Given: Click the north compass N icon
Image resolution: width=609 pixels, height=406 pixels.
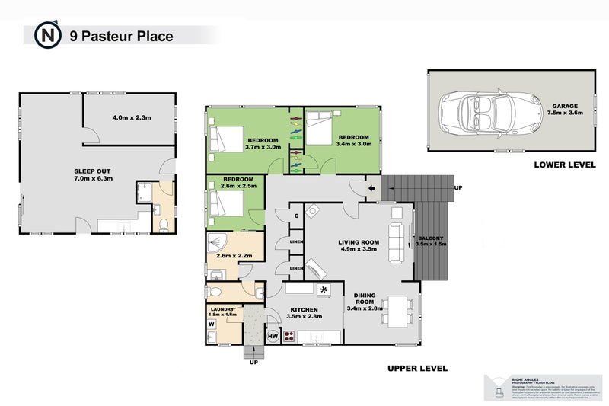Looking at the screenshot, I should pos(48,35).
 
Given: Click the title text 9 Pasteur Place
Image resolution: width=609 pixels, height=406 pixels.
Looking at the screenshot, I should pos(121,36).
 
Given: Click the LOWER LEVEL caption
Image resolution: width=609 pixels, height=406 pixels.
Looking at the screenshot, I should pos(563,165).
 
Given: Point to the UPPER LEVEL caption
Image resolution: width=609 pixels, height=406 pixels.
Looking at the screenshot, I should pos(417,369).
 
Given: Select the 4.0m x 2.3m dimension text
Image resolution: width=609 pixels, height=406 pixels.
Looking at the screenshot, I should pos(132,118).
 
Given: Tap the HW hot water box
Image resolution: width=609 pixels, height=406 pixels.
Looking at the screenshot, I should pos(273,335).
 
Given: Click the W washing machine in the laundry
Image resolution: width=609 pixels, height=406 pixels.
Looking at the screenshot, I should pos(211,324).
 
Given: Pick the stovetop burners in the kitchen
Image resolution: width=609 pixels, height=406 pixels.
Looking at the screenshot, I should pos(289,335).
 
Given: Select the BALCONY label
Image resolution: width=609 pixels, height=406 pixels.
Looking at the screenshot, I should pos(430,242).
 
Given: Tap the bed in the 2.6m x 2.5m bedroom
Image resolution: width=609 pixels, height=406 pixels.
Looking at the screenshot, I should pos(227,204).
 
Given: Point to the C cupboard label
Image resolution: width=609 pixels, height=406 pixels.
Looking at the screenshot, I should pos(295,216).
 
